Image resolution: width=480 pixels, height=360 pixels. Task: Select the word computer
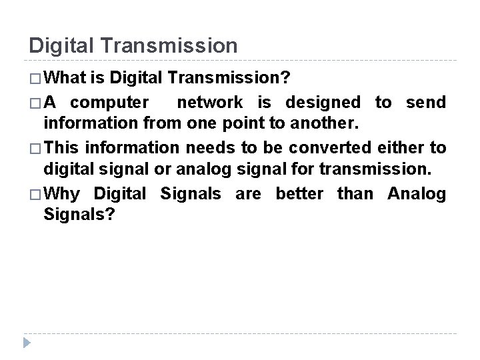[x=109, y=103]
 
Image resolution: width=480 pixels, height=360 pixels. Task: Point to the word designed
[x=323, y=103]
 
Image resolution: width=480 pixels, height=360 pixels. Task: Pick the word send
[x=423, y=103]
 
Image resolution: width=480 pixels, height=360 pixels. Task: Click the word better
[x=299, y=194]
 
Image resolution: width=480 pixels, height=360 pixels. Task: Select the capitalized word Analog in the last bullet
[x=416, y=194]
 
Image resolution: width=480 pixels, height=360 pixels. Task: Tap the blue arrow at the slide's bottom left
[x=26, y=343]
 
